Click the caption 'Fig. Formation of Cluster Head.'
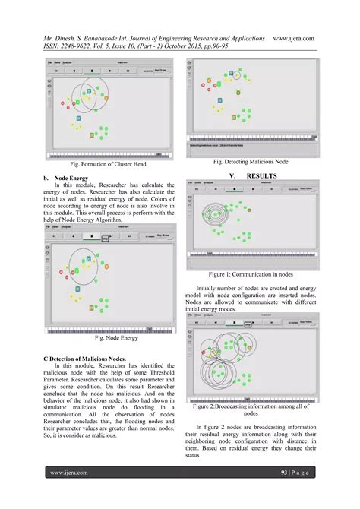pyautogui.click(x=108, y=164)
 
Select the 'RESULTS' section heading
pyautogui.click(x=261, y=175)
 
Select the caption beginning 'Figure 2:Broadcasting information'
pyautogui.click(x=250, y=408)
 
